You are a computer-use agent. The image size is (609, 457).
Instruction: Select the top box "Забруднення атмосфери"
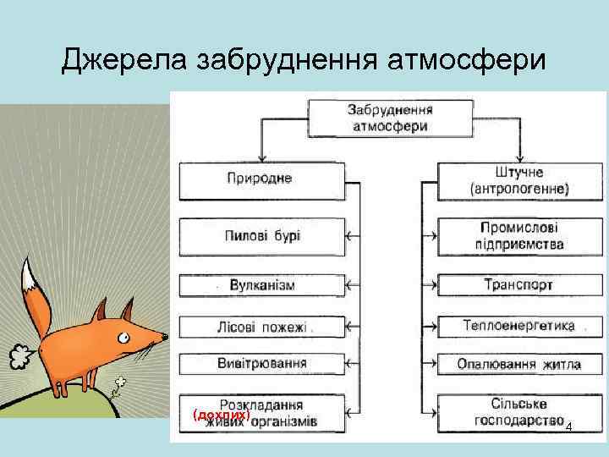[x=390, y=118]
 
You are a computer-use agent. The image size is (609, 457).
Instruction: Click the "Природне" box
[x=262, y=179]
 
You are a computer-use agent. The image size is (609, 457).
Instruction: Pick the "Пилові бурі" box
[x=262, y=236]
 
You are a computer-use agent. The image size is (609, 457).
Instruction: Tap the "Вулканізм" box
[x=262, y=285]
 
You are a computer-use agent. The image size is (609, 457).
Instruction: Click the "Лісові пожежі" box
[x=262, y=326]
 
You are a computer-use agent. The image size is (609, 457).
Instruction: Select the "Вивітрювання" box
[x=262, y=364]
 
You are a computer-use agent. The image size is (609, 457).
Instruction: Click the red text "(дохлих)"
[x=221, y=415]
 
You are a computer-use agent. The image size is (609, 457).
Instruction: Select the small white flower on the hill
[x=120, y=383]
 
